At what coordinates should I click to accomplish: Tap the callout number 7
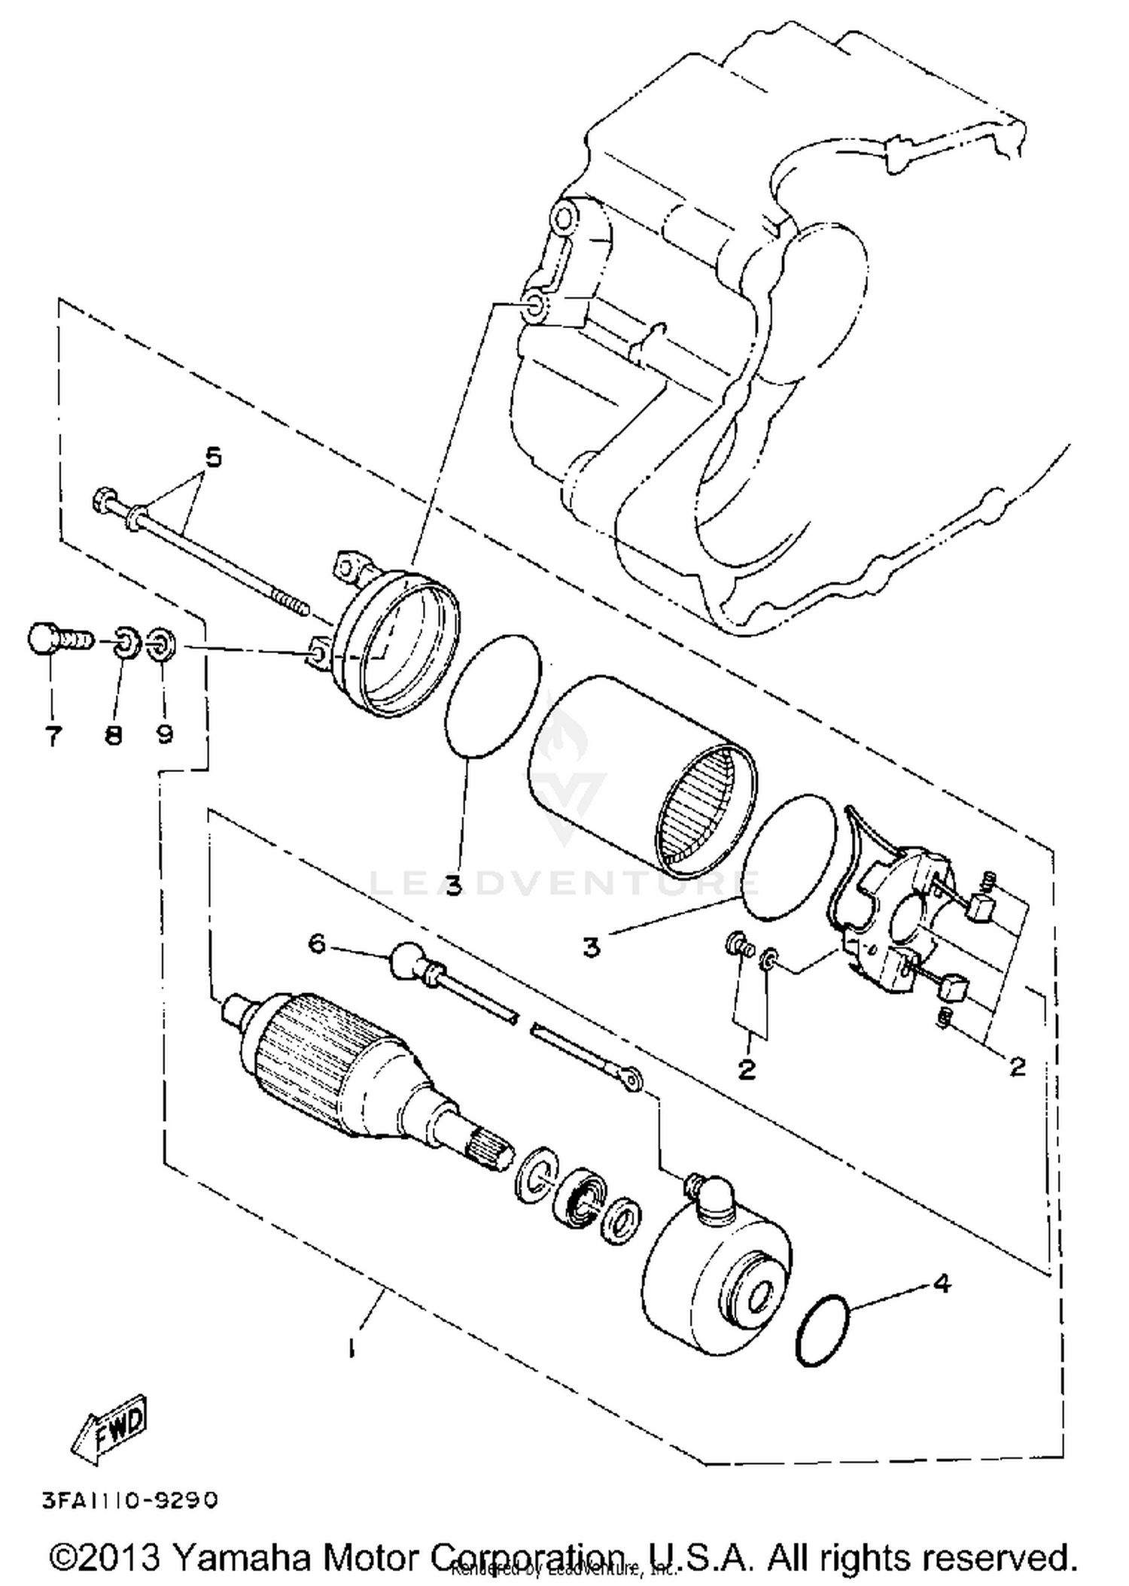[53, 735]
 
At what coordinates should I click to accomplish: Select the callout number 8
[114, 735]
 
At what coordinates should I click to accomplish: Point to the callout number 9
[164, 734]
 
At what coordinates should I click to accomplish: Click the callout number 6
[317, 943]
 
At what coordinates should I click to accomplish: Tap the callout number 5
[214, 457]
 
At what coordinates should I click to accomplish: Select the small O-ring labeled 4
[823, 1330]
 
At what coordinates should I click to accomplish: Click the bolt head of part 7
[44, 640]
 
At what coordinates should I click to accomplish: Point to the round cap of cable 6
[408, 962]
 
